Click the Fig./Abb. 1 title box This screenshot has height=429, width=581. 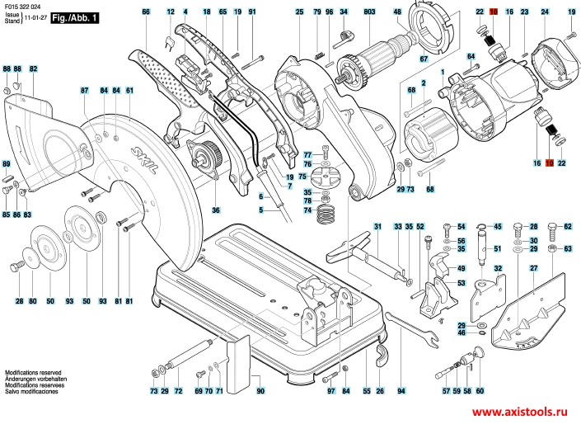click(75, 17)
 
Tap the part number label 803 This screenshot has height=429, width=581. click(369, 12)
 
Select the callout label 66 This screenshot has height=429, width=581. click(146, 12)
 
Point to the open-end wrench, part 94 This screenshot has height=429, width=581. click(412, 330)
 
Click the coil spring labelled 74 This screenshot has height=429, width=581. click(326, 214)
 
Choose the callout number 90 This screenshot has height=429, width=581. click(260, 391)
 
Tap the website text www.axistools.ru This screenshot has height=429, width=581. click(519, 411)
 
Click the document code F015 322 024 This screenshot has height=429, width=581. click(23, 7)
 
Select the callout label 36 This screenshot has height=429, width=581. click(216, 210)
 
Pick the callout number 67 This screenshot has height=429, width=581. click(424, 59)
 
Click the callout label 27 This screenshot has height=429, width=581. click(533, 268)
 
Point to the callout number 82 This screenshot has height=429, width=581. click(33, 68)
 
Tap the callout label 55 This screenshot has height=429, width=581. click(367, 391)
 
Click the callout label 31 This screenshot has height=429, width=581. click(377, 226)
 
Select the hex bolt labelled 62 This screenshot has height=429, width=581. click(552, 232)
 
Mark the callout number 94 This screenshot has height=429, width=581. click(401, 391)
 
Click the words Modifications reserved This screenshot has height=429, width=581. click(33, 372)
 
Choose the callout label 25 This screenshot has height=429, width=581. click(299, 12)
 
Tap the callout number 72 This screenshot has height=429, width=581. click(178, 391)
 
